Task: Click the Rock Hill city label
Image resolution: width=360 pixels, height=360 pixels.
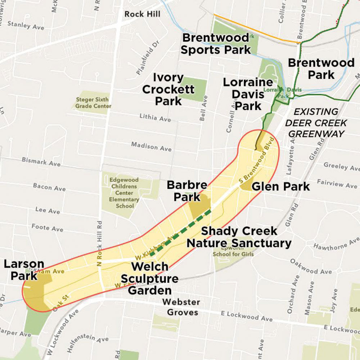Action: [x=142, y=14]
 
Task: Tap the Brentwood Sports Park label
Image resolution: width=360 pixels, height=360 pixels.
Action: [x=215, y=44]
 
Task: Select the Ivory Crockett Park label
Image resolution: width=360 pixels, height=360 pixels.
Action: [x=168, y=90]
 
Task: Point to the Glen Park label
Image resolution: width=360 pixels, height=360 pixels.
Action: [x=280, y=186]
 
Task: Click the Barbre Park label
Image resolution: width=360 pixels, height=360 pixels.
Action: [x=187, y=191]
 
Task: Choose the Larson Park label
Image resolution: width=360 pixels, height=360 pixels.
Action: [x=24, y=270]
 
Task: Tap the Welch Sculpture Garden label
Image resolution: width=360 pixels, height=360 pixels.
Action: [x=149, y=278]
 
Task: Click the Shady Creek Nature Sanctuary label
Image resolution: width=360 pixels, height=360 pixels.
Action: [x=239, y=237]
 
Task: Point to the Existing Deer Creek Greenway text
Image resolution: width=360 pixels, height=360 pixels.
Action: [x=316, y=123]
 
